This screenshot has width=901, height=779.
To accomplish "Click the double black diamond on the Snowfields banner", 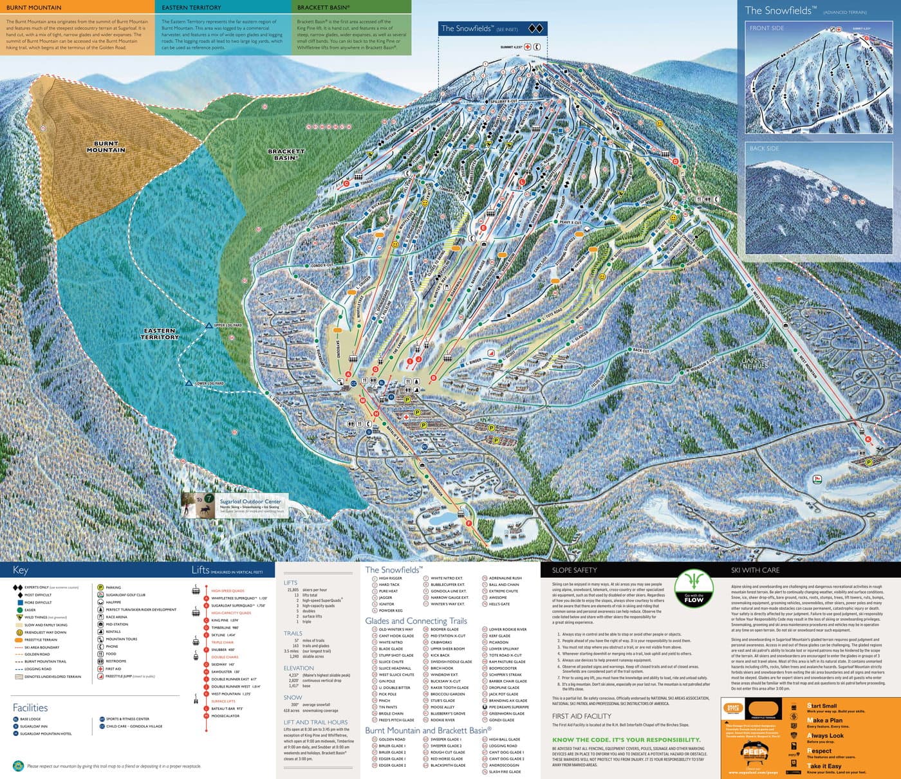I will (536, 28).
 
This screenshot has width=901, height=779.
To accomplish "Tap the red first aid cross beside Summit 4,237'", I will (528, 47).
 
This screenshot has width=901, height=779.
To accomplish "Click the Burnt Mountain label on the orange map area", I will (106, 147).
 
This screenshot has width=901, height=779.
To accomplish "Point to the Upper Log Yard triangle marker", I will (209, 325).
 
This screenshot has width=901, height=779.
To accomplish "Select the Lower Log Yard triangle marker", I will (189, 383).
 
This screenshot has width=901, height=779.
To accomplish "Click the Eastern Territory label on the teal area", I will (160, 334).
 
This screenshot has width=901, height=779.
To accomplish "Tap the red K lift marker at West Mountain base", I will (868, 439).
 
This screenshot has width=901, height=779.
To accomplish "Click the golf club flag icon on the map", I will (817, 479).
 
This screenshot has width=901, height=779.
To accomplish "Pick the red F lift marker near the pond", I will (469, 524).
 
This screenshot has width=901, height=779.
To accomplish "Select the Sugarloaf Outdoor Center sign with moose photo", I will (235, 505).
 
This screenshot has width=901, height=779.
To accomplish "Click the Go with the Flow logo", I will (694, 589).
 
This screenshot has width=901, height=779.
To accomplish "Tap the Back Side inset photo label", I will (764, 149).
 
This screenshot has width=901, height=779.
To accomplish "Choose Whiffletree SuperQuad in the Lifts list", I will (239, 598).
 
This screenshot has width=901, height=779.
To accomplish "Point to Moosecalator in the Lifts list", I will (225, 716).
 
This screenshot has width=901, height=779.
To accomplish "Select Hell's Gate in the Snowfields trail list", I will (499, 604).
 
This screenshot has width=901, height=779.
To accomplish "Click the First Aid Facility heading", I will (581, 716).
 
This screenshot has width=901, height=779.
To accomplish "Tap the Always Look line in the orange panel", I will (825, 736).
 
